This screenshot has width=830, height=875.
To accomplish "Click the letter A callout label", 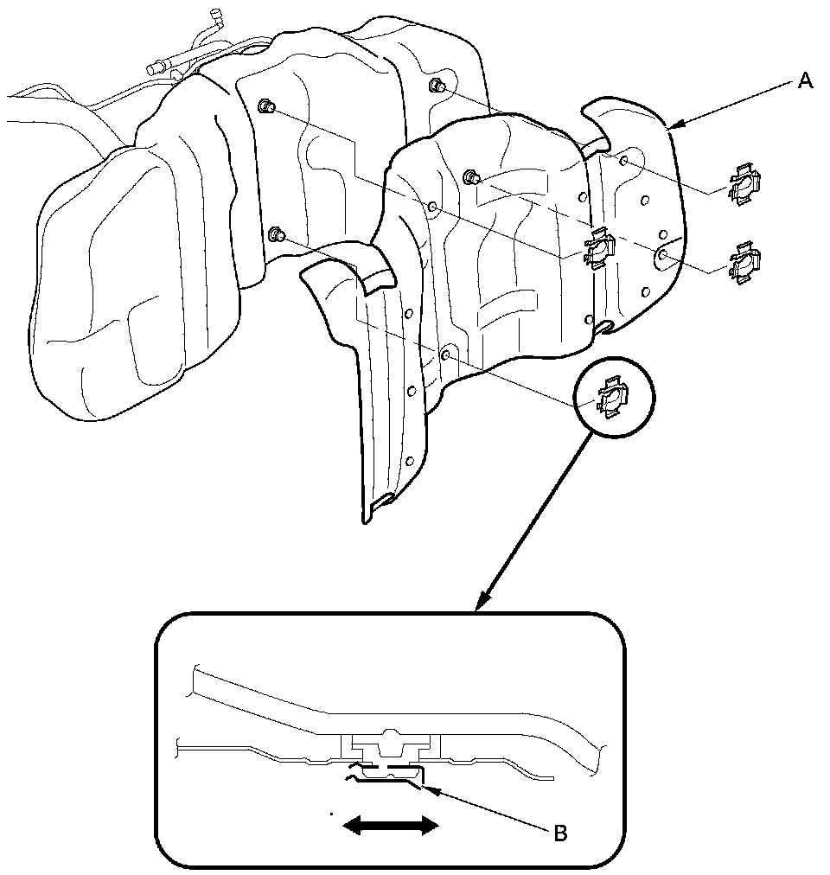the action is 804,81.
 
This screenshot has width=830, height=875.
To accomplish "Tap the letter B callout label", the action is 559,833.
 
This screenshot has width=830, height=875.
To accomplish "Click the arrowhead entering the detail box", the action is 483,600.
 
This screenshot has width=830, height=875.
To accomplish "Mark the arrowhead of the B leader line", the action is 425,787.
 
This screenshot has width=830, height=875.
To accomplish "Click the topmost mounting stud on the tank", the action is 437,86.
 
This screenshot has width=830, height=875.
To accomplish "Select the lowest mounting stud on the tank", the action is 277,235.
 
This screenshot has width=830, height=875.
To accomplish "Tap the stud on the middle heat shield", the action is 471,176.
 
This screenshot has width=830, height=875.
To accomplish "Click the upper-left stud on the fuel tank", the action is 266,106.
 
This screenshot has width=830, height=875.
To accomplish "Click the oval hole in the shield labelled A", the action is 662,256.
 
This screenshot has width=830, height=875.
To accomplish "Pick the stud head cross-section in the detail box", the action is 393,743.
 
